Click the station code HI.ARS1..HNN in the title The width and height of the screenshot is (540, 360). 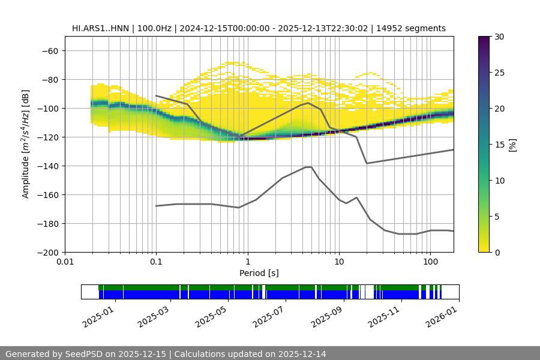click(x=101, y=28)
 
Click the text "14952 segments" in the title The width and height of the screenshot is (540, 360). click(x=416, y=28)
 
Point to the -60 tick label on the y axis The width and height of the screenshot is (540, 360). click(x=49, y=50)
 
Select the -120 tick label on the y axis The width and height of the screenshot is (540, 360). click(x=47, y=137)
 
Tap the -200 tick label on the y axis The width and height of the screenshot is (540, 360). click(x=47, y=252)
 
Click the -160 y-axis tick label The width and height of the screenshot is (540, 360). click(x=47, y=194)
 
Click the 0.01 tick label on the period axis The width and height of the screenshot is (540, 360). click(x=65, y=262)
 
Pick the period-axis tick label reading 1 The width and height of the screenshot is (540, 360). click(x=247, y=262)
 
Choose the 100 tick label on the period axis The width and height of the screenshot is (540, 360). click(x=430, y=262)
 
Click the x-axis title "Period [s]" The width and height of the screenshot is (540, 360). click(x=259, y=273)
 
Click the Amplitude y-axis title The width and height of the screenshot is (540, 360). click(x=26, y=144)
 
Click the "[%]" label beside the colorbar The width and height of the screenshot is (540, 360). click(x=512, y=145)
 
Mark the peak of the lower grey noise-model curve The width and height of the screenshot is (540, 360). click(x=308, y=167)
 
